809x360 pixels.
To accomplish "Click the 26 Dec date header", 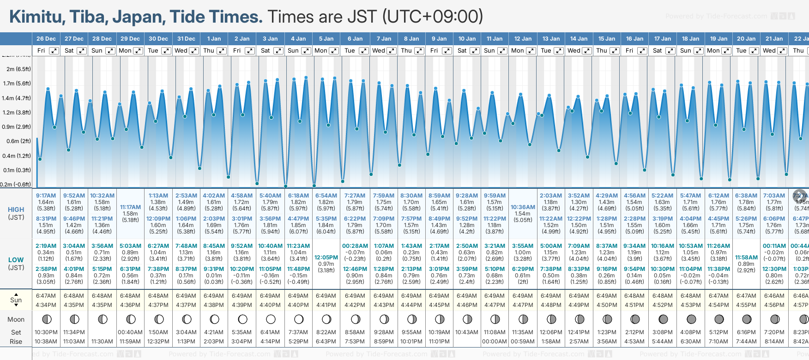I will [46, 39].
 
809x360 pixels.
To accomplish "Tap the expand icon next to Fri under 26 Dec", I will [54, 51].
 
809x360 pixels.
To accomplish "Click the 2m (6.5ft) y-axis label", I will [18, 69].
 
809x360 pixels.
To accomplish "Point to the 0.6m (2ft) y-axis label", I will [18, 141].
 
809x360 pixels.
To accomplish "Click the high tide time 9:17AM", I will [46, 196].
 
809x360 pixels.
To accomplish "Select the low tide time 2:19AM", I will [46, 246].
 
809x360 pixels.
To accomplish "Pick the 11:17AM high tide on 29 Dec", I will [130, 207].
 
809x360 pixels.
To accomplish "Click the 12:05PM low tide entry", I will [326, 258].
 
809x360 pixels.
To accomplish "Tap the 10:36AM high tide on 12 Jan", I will [523, 207].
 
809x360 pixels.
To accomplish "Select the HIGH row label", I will [16, 210].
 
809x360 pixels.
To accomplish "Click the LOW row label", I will [16, 260].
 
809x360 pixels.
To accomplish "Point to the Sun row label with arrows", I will [16, 300].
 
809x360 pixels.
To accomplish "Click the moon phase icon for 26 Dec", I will [46, 319].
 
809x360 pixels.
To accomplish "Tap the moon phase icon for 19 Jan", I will [719, 319].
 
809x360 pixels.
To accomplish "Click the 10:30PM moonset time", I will [46, 332].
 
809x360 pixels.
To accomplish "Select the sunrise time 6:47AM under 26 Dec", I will [46, 296].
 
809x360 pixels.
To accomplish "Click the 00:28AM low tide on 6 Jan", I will [355, 246].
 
